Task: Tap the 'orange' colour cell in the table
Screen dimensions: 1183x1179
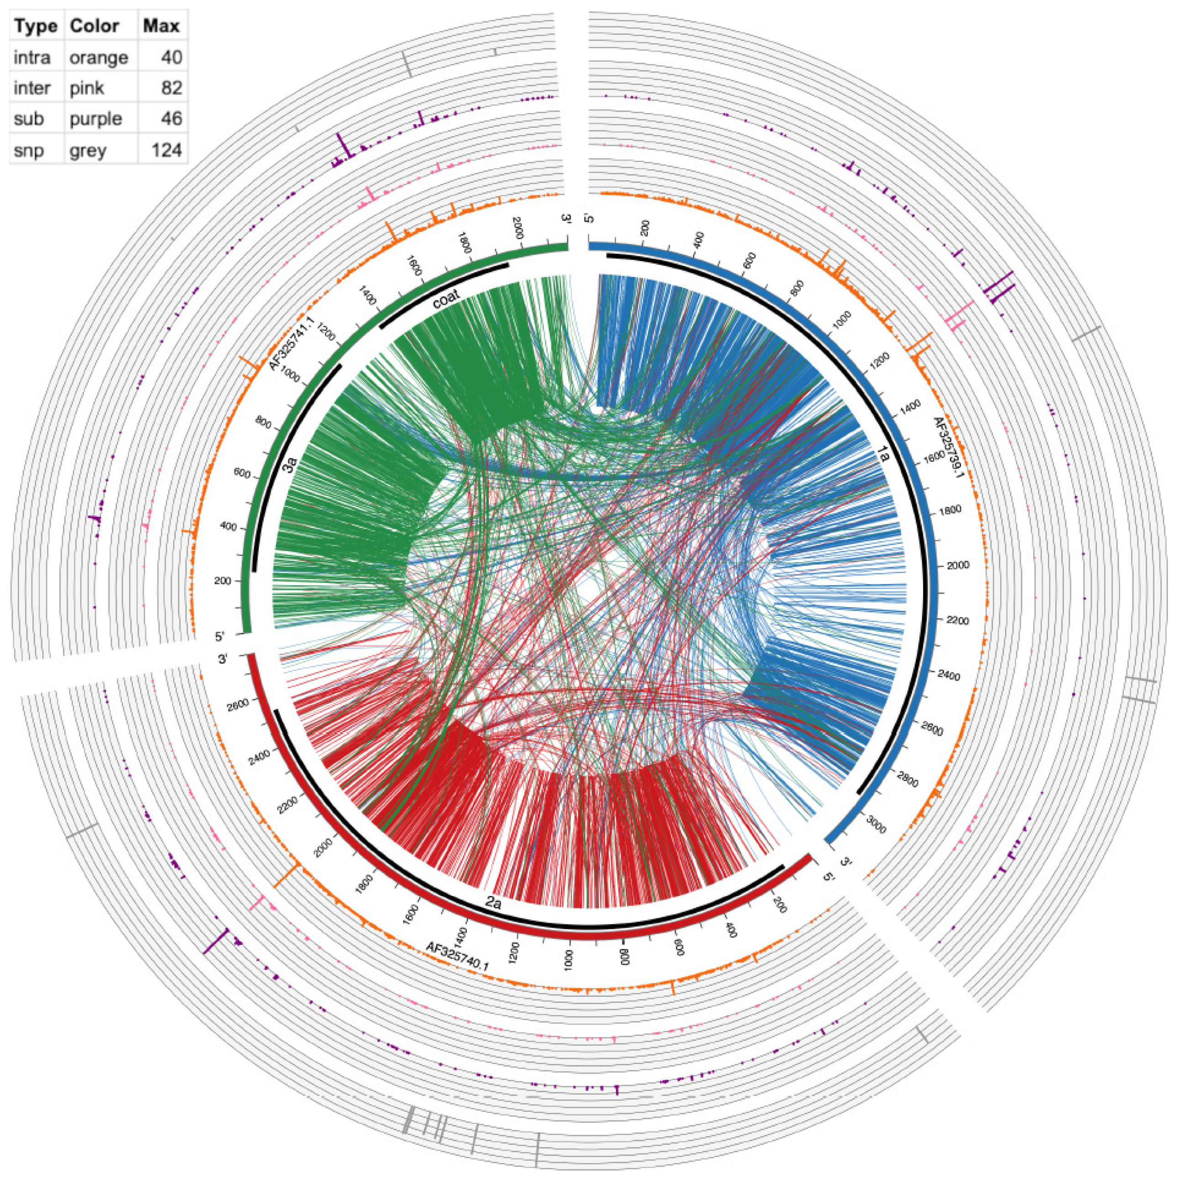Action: point(99,57)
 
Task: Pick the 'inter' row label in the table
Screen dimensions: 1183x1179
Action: point(32,88)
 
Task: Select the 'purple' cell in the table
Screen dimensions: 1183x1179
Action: point(95,119)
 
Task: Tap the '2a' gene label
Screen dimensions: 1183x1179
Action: point(494,902)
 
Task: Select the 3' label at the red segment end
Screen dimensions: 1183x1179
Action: point(224,659)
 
